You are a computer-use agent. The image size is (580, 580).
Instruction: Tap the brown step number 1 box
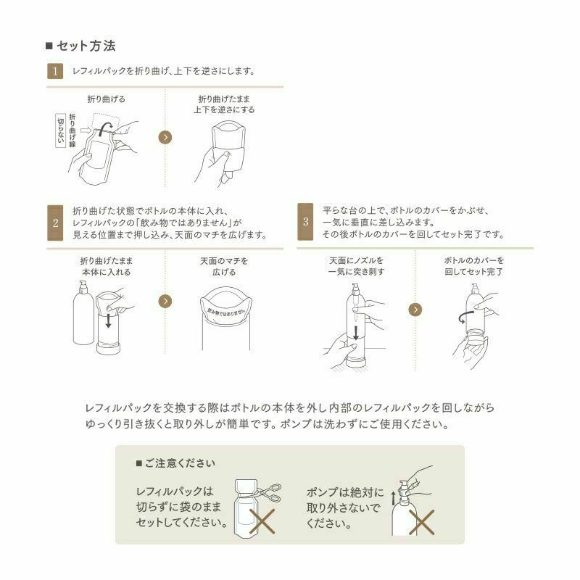[x=55, y=71]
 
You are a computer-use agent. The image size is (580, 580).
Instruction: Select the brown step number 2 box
[x=55, y=223]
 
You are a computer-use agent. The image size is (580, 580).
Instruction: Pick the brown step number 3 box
[x=306, y=223]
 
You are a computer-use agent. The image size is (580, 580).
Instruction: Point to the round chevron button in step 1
[x=165, y=137]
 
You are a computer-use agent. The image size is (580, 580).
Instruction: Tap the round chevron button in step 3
[x=415, y=309]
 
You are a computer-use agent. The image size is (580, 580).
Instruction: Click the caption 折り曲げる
[x=106, y=99]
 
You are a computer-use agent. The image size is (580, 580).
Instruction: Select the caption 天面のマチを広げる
[x=224, y=266]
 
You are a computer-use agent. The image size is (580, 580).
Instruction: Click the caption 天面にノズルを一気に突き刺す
[x=357, y=266]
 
